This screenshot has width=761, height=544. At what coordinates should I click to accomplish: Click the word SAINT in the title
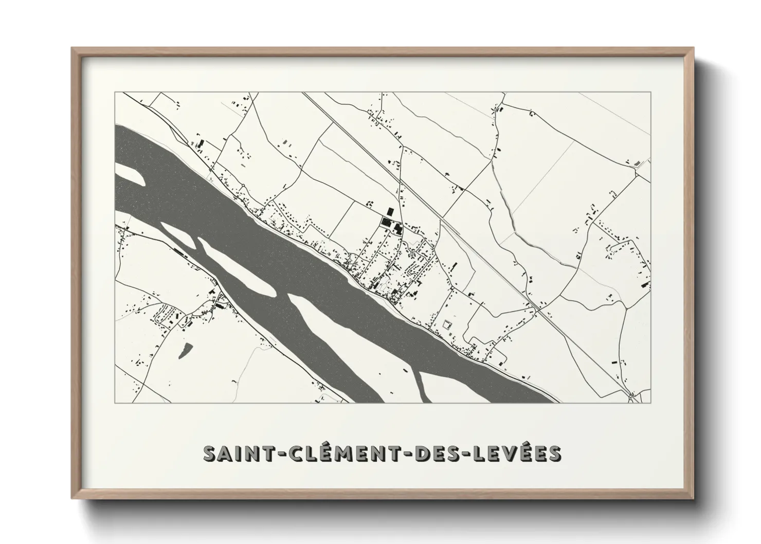pos(238,454)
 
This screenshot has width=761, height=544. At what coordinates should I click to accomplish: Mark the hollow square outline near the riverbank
pos(446,324)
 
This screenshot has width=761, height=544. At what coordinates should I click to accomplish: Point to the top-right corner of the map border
pos(650,93)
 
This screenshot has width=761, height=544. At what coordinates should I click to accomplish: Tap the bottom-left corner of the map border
pos(116,403)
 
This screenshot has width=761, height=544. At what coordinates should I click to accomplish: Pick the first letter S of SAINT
pos(210,454)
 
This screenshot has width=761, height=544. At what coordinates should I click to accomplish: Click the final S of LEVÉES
pos(554,454)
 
